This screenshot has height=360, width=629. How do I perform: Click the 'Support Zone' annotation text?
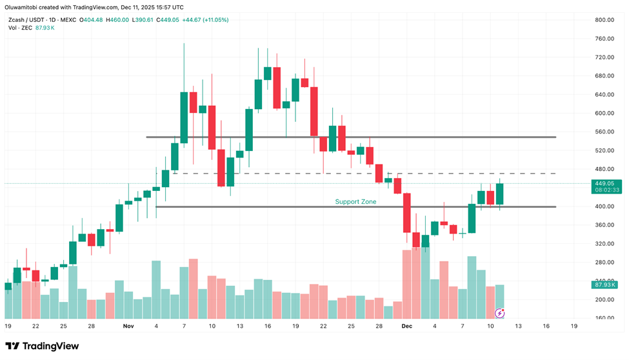click(x=355, y=202)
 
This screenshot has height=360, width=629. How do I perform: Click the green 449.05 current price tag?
click(x=606, y=183)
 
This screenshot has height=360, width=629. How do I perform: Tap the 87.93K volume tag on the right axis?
click(x=606, y=285)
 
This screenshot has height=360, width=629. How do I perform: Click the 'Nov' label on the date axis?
click(x=128, y=326)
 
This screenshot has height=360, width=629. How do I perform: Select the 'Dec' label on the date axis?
click(x=407, y=326)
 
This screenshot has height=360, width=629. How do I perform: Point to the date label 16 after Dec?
click(x=546, y=326)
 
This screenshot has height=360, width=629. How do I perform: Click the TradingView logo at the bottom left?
click(x=43, y=346)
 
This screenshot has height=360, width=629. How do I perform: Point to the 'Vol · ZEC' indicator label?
click(x=18, y=28)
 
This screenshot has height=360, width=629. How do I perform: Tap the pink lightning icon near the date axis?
click(x=499, y=314)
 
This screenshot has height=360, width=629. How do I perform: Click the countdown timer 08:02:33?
click(x=606, y=190)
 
